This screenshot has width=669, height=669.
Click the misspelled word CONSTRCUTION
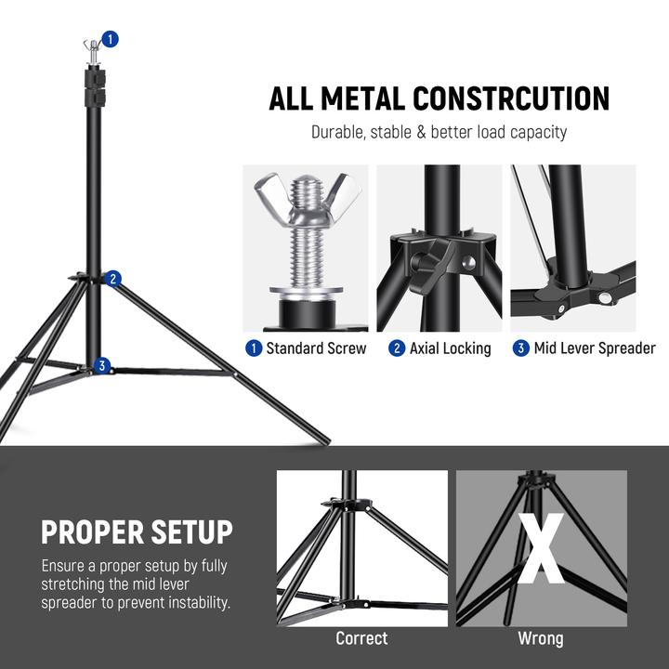pos(510,98)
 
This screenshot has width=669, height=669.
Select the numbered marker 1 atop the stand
pos(111,39)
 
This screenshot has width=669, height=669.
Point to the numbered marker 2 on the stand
pos(112,278)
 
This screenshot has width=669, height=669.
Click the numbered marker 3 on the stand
pos(102,365)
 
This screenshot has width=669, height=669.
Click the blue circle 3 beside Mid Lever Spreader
pos(521,348)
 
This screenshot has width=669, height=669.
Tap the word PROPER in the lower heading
pos(92,532)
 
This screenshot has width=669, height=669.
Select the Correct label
pos(361,638)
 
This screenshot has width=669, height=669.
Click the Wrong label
pos(541,638)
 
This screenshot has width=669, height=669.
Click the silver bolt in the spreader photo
pos(606,297)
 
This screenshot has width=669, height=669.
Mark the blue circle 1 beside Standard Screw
pos(253,348)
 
